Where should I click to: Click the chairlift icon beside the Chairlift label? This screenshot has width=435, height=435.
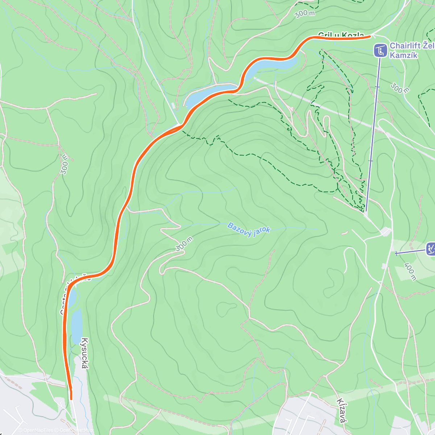coord(380,51)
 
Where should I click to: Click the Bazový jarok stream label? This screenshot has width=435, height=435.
coord(249,230)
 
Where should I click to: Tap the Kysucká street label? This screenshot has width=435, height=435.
coord(84,353)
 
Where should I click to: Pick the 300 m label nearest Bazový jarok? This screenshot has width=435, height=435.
coord(184,244)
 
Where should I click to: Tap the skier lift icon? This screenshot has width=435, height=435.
coord(431,249)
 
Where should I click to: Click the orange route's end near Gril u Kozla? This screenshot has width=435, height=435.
coord(370,36)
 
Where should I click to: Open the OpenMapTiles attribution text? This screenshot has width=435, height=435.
coord(35,430)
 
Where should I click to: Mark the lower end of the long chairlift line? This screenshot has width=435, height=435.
coord(366,211)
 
